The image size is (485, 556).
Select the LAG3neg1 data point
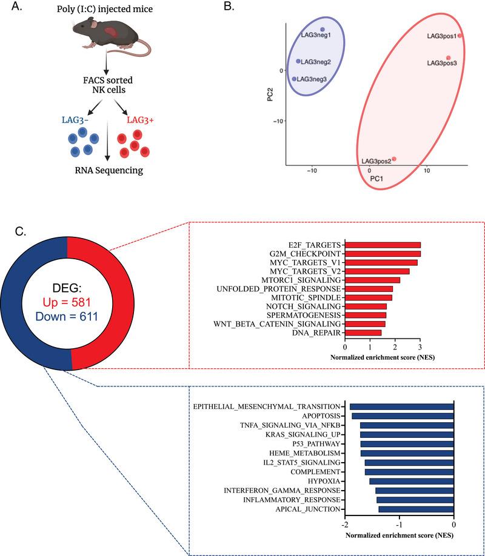tap(323, 29)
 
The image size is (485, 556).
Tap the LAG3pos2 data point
tap(393, 159)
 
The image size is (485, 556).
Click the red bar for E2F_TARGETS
tap(383, 245)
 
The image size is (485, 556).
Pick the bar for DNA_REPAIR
tap(363, 333)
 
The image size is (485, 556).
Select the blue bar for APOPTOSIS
tap(403, 416)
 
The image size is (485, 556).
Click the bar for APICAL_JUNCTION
tap(416, 509)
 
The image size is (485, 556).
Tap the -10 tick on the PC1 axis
tap(312, 171)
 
